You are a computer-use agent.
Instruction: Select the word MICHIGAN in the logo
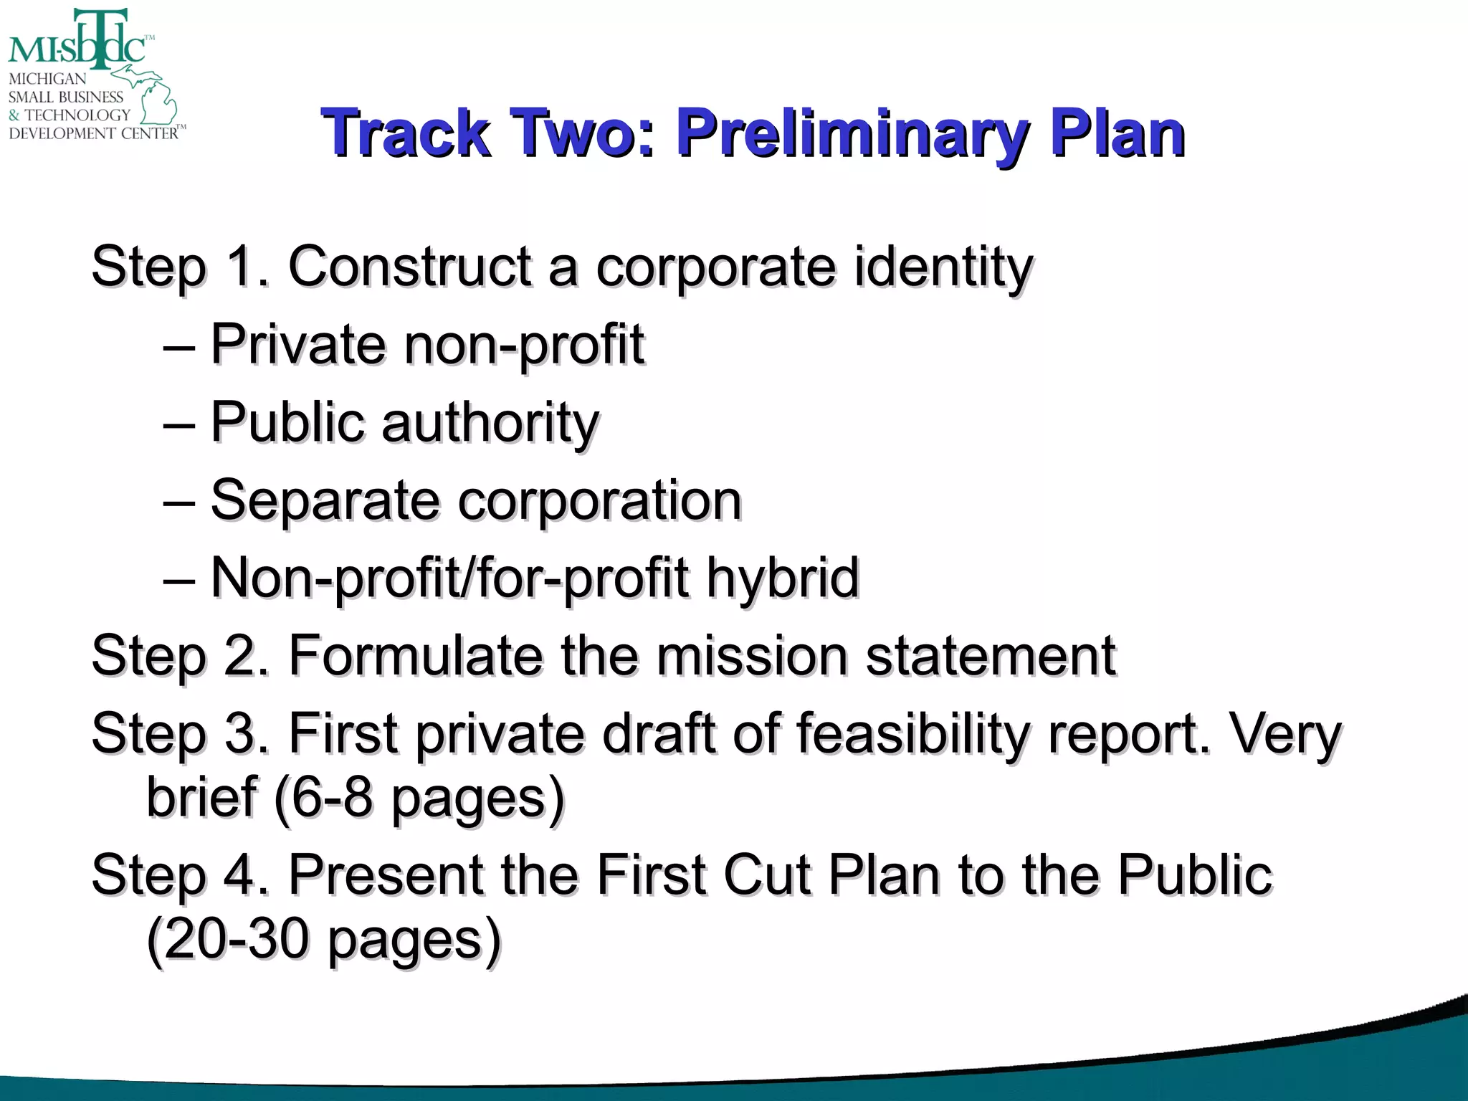click(47, 79)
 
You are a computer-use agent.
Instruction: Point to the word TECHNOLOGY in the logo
click(77, 115)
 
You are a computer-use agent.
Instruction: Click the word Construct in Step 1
click(409, 267)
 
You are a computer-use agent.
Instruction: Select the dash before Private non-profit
click(178, 345)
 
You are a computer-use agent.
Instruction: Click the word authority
click(490, 423)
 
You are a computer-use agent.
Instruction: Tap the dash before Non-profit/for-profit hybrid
click(178, 578)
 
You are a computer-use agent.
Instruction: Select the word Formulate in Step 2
click(415, 656)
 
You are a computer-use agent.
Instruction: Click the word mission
click(752, 656)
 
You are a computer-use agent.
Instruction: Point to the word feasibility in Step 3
click(912, 734)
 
